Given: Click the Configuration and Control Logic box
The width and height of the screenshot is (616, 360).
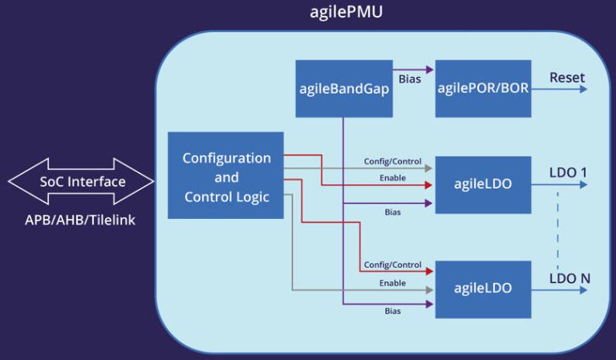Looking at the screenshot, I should tap(225, 176).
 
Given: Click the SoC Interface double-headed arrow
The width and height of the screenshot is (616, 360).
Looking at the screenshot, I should tap(82, 182).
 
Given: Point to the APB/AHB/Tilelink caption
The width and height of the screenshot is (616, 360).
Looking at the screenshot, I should tap(81, 219).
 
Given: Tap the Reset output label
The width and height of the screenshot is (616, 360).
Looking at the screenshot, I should tap(567, 78).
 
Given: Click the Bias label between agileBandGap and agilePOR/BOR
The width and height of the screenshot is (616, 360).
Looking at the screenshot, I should tap(410, 80).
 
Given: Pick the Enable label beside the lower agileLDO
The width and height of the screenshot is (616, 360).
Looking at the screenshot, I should tap(392, 282).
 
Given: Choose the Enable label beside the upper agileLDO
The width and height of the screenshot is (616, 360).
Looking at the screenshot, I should tap(392, 177).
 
